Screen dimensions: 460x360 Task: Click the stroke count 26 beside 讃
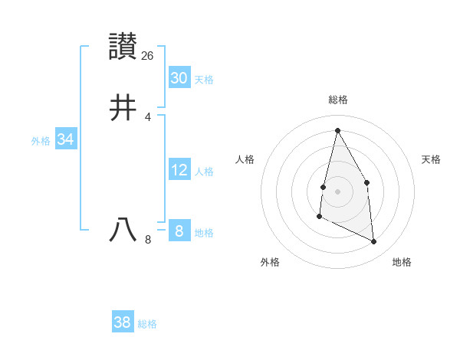click(x=148, y=56)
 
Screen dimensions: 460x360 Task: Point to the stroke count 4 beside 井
click(x=148, y=116)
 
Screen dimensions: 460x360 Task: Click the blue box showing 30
click(x=179, y=77)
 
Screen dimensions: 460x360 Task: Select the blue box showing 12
click(x=179, y=170)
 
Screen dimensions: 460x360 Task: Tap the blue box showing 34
click(x=65, y=139)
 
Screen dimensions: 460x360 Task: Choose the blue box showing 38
click(x=122, y=322)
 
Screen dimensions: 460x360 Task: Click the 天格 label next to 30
click(x=204, y=80)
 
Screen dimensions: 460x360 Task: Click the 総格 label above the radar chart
click(x=338, y=100)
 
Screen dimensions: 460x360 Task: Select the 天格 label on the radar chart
click(x=431, y=159)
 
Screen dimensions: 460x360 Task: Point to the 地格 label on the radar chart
click(x=402, y=262)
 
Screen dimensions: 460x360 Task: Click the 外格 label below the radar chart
click(x=270, y=262)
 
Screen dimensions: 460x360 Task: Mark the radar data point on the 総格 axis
click(x=337, y=129)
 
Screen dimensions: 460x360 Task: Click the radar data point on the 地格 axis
click(x=374, y=241)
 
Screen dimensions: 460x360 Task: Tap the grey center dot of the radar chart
click(x=337, y=191)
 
